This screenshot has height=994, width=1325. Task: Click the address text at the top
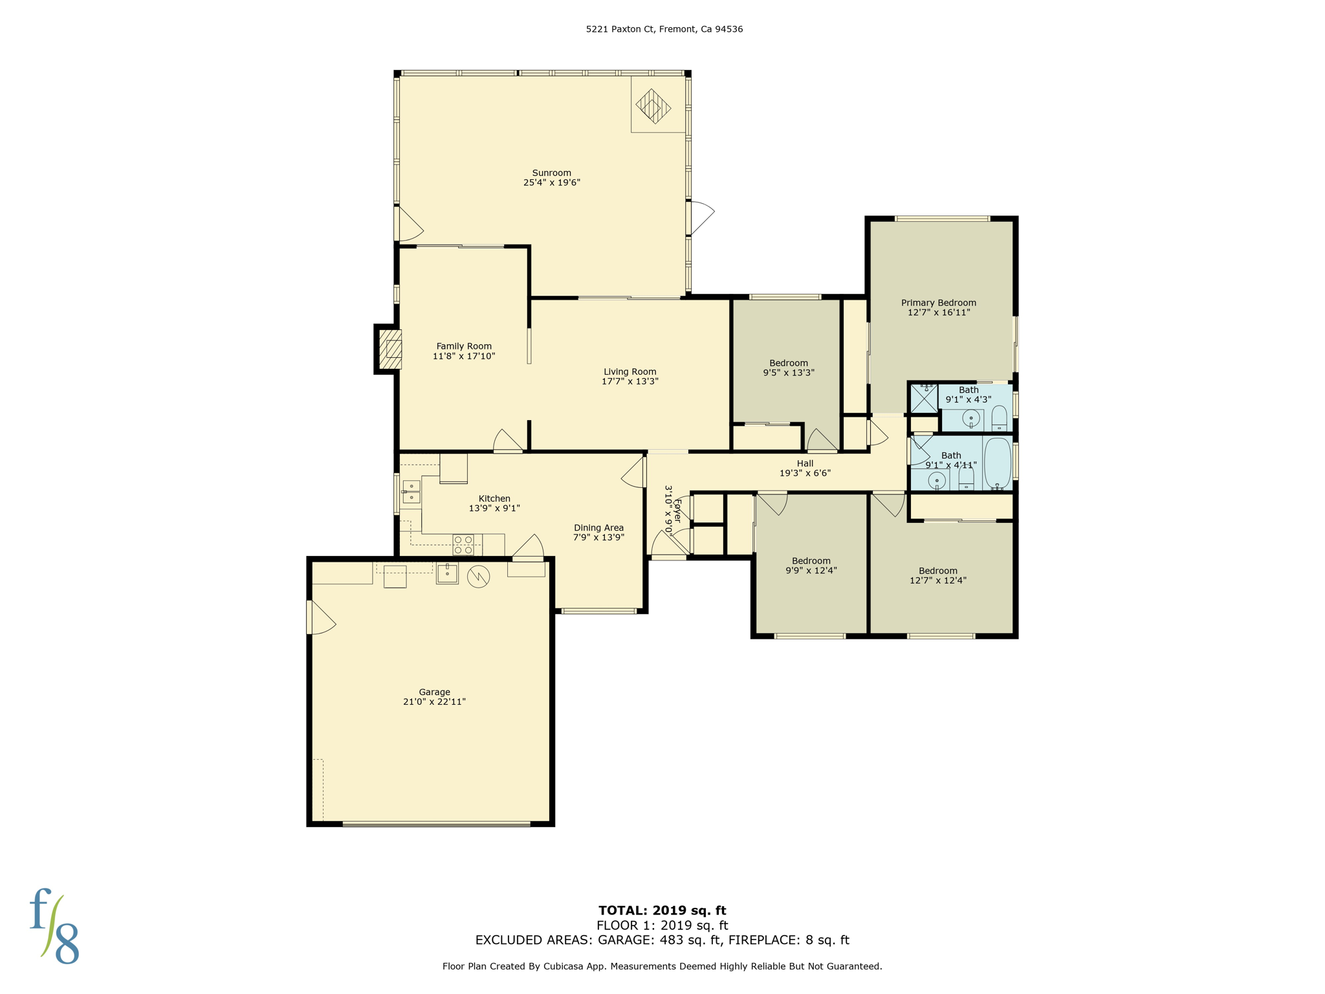(664, 29)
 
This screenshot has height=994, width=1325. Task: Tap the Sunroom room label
(551, 173)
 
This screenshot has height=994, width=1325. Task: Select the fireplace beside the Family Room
(390, 349)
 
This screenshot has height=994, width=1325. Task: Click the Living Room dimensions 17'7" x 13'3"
(630, 382)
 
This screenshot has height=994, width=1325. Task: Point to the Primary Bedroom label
(938, 303)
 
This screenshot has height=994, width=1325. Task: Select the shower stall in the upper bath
(923, 399)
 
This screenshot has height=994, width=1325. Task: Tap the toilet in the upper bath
(999, 418)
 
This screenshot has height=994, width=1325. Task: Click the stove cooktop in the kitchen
(463, 545)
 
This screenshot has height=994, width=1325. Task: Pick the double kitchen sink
(411, 492)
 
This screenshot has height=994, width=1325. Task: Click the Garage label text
(434, 692)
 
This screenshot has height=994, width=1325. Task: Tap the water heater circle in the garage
(478, 576)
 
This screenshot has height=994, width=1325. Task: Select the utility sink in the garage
(447, 573)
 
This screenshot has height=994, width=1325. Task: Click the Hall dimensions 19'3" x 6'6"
(804, 473)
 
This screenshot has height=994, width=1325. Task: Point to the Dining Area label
(598, 528)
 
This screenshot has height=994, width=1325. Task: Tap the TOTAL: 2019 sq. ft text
(662, 911)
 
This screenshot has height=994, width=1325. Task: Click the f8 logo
(54, 927)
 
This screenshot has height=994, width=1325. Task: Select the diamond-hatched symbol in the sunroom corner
(653, 106)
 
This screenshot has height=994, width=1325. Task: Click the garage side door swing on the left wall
(320, 618)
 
